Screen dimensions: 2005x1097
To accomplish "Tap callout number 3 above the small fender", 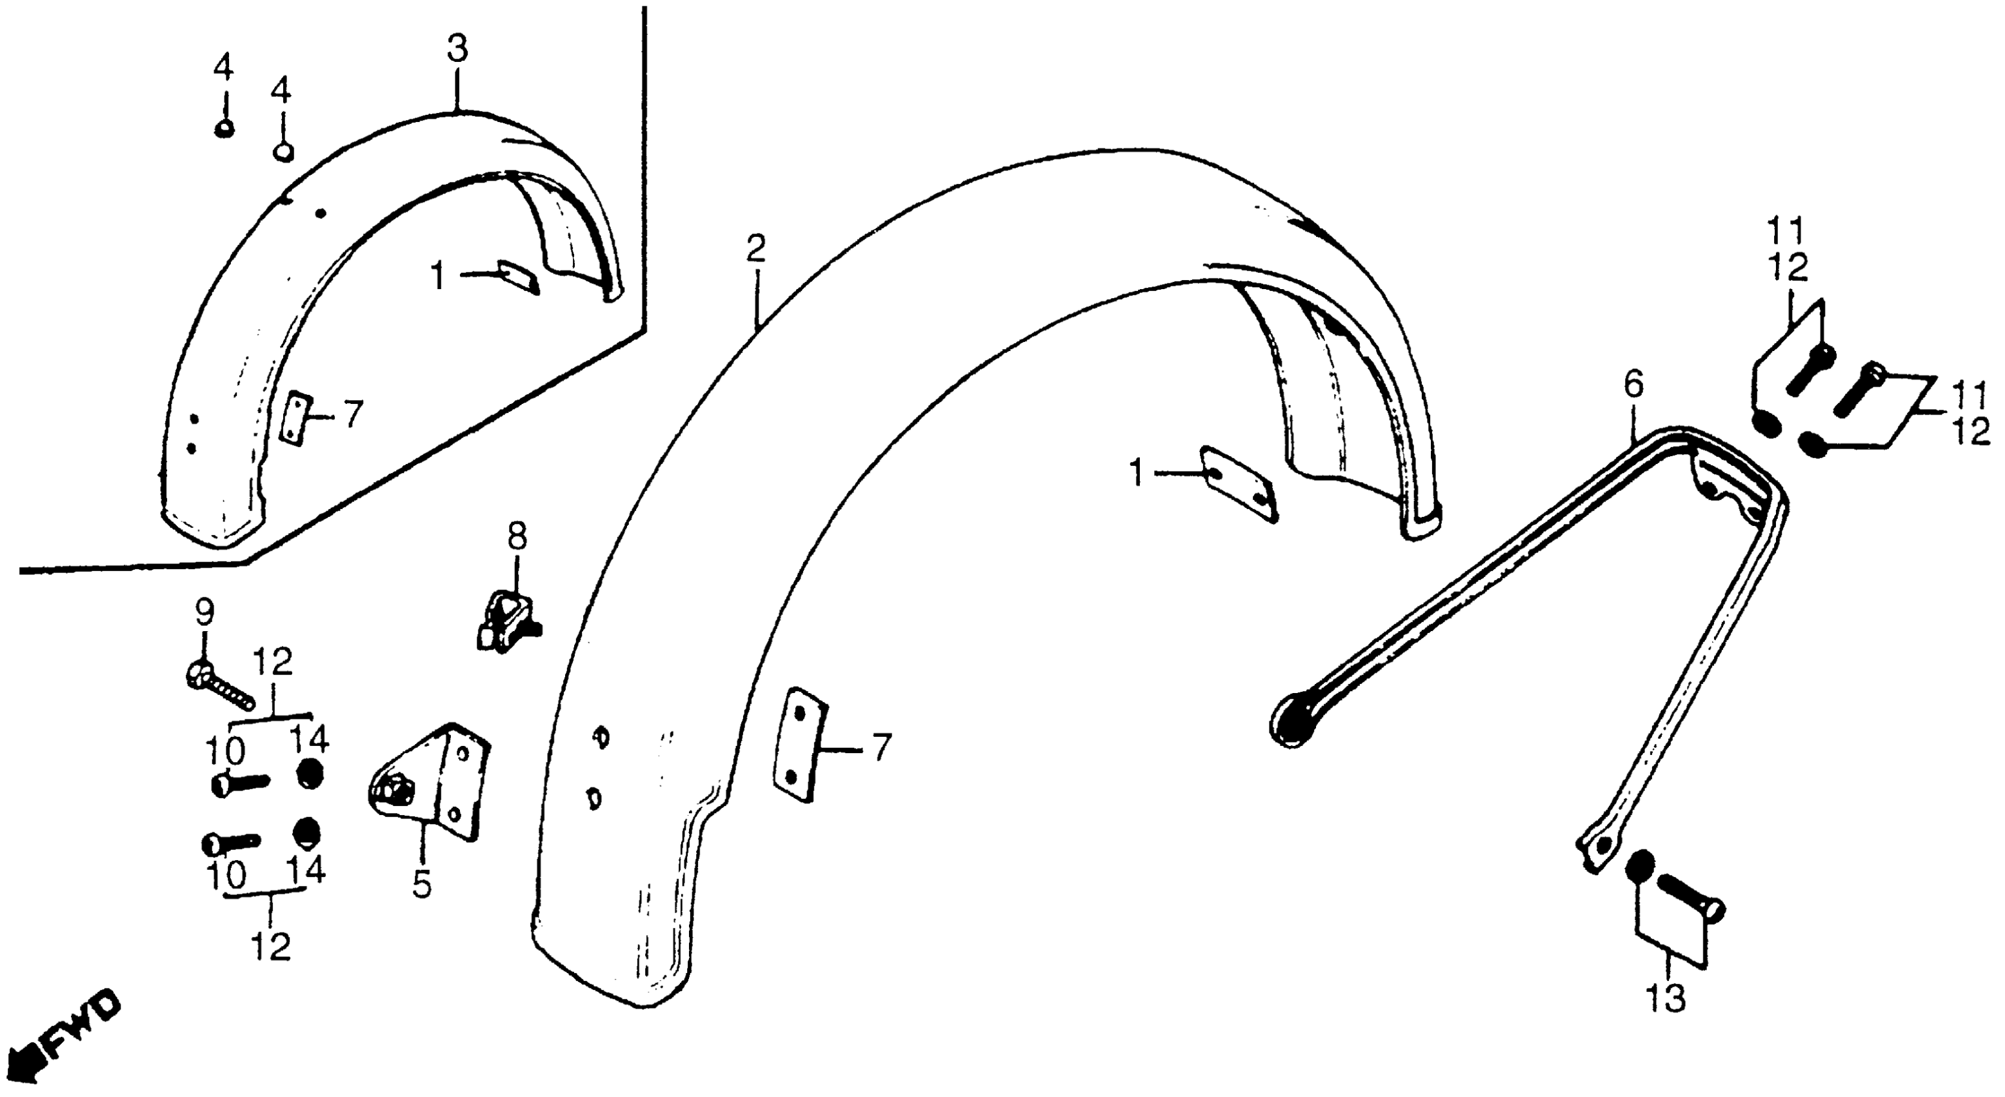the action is coord(457,49).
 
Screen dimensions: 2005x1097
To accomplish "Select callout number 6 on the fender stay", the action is coord(1632,385).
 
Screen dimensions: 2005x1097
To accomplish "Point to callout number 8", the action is coord(517,536).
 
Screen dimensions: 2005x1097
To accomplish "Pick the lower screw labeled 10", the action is coord(230,842).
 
